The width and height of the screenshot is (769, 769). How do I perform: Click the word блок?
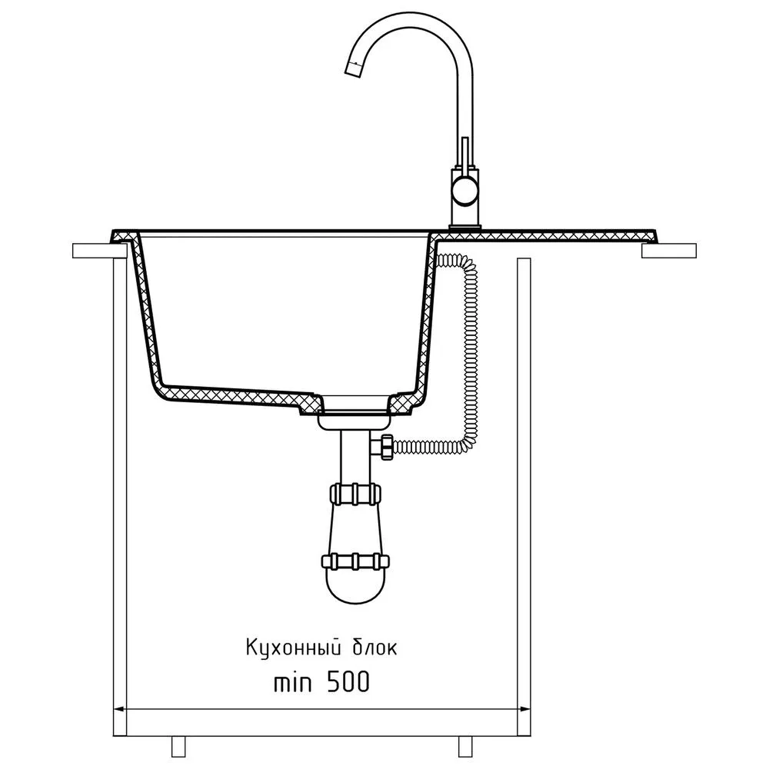click(377, 647)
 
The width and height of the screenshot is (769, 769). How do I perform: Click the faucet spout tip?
click(355, 70)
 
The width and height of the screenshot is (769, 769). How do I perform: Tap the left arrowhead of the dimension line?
click(118, 709)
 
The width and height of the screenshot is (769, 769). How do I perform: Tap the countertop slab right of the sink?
click(669, 250)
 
